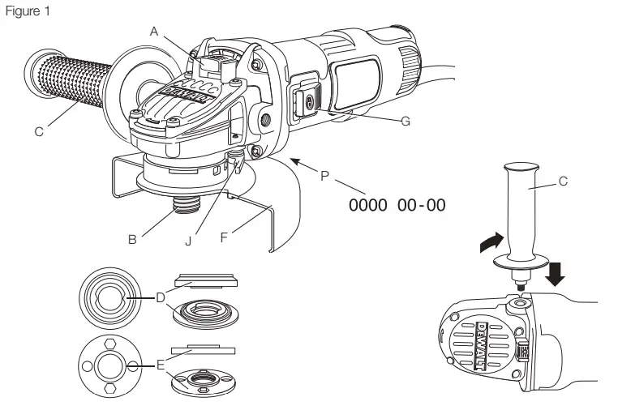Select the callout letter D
[x=161, y=299]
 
